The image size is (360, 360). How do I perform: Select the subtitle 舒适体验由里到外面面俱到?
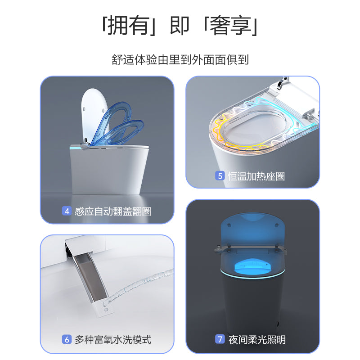[x=180, y=59]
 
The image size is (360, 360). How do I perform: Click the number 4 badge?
[x=67, y=211]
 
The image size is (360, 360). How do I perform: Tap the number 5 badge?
[x=220, y=175]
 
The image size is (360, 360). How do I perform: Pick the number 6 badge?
[x=67, y=339]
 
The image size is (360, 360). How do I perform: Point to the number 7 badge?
[x=220, y=339]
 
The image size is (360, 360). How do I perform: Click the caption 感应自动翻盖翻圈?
[x=113, y=211]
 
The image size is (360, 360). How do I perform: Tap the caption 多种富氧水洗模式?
[x=113, y=339]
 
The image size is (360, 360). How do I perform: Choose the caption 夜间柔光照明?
[x=257, y=339]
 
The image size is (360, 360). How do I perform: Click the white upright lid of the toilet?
[x=92, y=113]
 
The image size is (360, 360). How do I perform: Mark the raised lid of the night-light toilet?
[x=252, y=229]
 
